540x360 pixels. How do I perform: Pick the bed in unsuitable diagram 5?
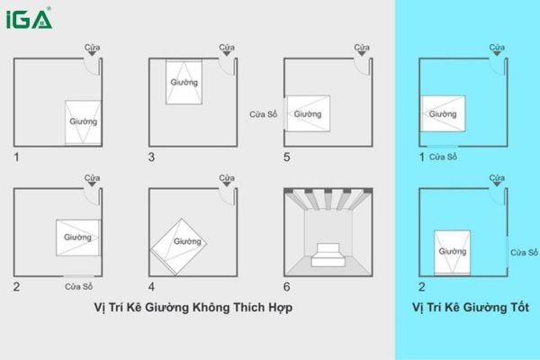coord(307,113)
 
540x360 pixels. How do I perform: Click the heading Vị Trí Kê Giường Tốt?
coord(470,308)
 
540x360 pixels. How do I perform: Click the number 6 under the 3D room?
coord(287,287)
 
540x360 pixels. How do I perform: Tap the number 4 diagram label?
coord(151,287)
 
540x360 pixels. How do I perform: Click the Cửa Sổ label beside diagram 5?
coord(264,114)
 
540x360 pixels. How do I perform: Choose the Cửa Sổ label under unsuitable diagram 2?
coord(80,287)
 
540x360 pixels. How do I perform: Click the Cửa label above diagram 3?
coord(226,47)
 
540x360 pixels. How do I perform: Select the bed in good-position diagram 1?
coord(443,114)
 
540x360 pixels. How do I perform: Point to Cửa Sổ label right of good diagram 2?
coord(524,253)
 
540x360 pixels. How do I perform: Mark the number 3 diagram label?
coord(151,157)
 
